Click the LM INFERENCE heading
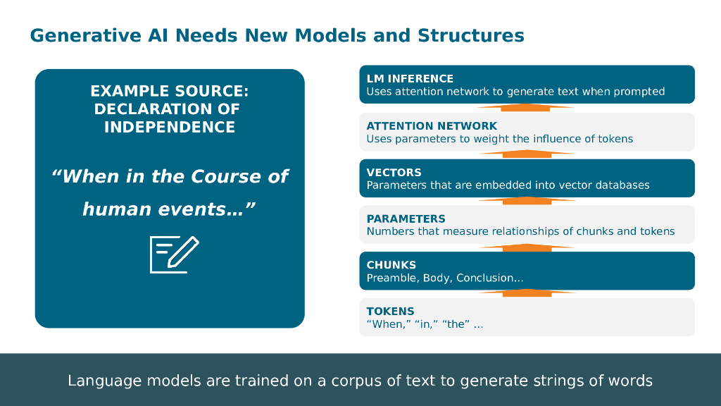pos(410,78)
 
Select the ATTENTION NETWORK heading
pos(432,125)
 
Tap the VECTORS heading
pos(394,172)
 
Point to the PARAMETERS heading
pos(406,219)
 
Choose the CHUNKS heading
pos(391,265)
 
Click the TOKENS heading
pos(390,311)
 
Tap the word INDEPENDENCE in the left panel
pos(170,128)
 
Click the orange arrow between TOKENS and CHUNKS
pos(527,293)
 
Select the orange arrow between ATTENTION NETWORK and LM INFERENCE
pos(527,108)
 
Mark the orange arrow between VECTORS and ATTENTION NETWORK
pos(527,154)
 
